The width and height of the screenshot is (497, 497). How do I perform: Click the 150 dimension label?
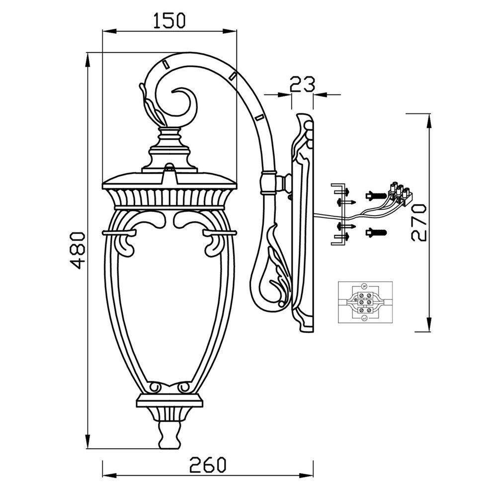pyautogui.click(x=169, y=20)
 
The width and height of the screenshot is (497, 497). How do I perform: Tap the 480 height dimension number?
pyautogui.click(x=77, y=250)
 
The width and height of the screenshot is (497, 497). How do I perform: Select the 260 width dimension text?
pyautogui.click(x=208, y=465)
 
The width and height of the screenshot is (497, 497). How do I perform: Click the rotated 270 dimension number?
pyautogui.click(x=418, y=223)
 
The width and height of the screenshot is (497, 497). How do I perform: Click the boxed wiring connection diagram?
pyautogui.click(x=365, y=302)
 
